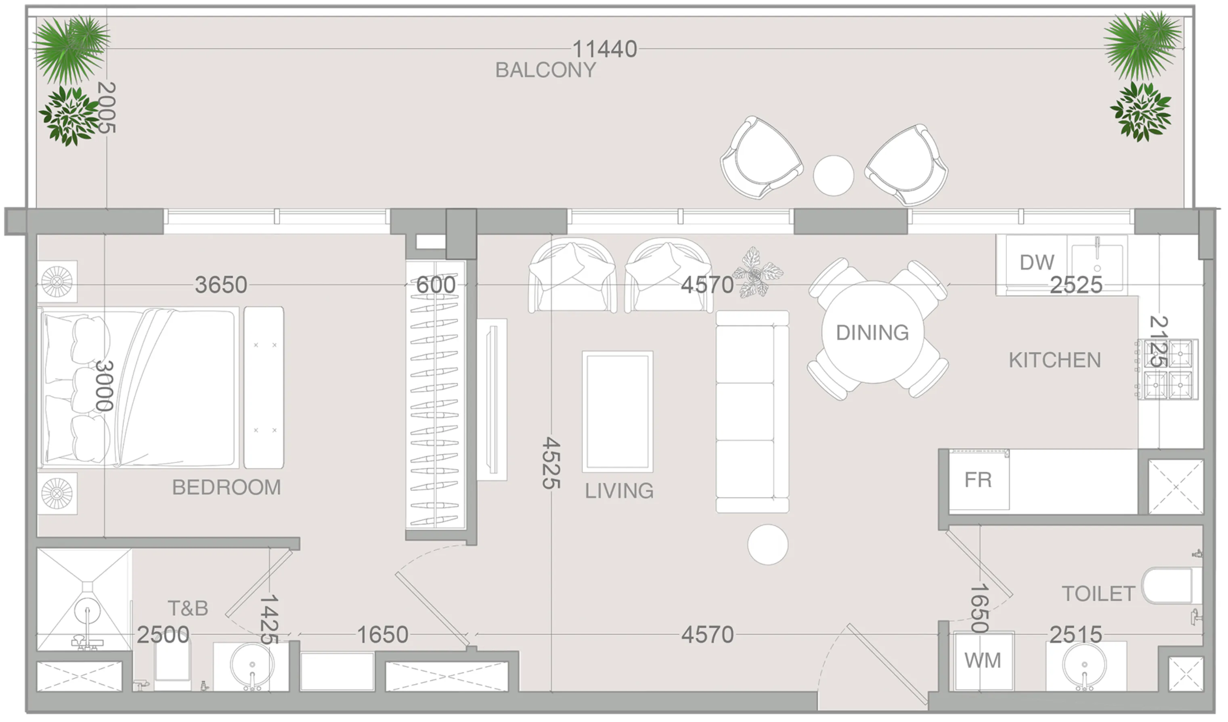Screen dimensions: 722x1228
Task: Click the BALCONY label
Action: click(x=545, y=70)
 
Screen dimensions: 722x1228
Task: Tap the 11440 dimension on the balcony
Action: click(x=604, y=49)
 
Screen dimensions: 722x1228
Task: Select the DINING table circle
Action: click(x=872, y=332)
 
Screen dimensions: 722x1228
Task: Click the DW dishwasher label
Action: click(x=1037, y=263)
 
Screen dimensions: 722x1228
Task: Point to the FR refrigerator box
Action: click(x=978, y=480)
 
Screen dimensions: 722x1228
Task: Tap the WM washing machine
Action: click(x=983, y=661)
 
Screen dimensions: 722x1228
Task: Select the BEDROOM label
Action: click(x=226, y=487)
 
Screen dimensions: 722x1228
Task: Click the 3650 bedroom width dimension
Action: click(x=221, y=285)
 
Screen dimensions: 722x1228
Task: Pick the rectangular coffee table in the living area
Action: click(x=617, y=411)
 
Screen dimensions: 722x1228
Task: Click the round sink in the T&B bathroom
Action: click(x=252, y=665)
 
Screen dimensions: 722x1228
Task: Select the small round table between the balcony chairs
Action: click(x=833, y=176)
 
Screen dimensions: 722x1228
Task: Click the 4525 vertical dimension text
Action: click(x=551, y=463)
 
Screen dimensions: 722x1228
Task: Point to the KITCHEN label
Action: click(x=1054, y=360)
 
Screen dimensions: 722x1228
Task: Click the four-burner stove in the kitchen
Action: click(x=1167, y=369)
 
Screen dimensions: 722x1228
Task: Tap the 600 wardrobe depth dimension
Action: click(x=436, y=285)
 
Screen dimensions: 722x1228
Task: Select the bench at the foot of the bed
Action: click(x=264, y=387)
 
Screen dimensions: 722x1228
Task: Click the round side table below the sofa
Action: click(x=767, y=545)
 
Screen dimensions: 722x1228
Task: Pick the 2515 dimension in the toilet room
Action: click(x=1075, y=635)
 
